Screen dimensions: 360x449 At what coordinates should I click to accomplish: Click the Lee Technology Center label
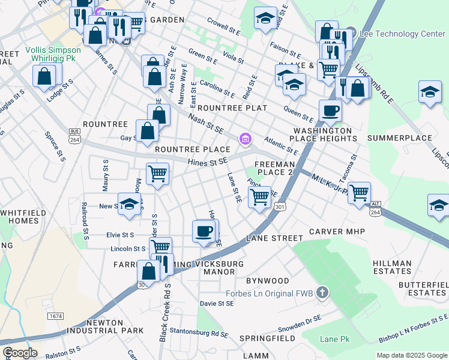click(x=402, y=34)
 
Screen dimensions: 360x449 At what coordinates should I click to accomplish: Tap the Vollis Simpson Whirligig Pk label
click(x=53, y=56)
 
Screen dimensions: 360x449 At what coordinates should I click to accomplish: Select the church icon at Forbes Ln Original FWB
click(x=322, y=293)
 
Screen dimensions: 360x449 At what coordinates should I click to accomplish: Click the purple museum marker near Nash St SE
click(x=244, y=140)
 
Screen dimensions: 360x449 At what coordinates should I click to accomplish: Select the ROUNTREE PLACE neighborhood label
click(x=192, y=149)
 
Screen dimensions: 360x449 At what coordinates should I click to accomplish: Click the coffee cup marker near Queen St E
click(x=330, y=110)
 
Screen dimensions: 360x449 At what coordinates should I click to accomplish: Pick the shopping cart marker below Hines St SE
click(x=157, y=174)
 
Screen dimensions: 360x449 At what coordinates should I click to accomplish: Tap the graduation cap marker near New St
click(x=129, y=204)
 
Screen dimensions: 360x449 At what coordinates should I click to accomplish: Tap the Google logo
click(x=19, y=353)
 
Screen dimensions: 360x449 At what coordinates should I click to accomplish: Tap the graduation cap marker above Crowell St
click(x=265, y=18)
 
